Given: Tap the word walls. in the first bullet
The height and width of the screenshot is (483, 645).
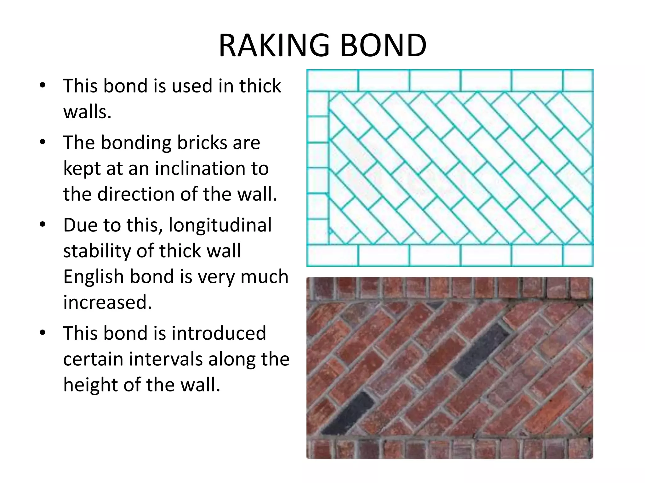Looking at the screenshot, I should [87, 112].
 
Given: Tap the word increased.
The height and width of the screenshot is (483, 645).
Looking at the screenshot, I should [107, 302].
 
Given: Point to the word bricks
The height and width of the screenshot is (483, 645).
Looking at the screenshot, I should [202, 143].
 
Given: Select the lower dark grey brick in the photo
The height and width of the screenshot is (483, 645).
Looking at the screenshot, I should [348, 413].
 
